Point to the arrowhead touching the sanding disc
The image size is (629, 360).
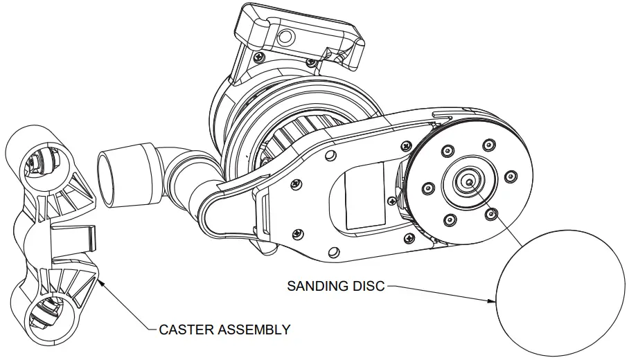[493, 301]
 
